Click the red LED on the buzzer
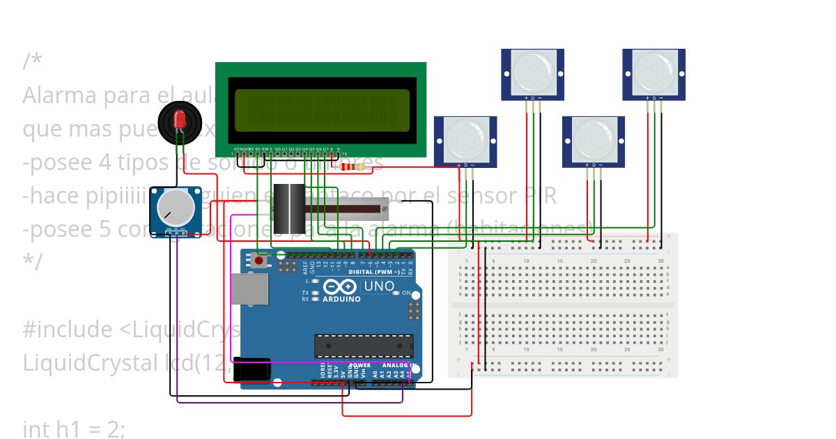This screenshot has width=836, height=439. (x=180, y=117)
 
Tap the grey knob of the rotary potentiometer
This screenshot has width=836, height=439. (x=176, y=207)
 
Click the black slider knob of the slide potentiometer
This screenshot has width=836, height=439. (x=288, y=208)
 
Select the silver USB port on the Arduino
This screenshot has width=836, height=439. (x=249, y=289)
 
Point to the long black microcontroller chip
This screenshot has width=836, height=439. (x=363, y=346)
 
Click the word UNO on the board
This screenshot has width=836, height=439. (x=379, y=286)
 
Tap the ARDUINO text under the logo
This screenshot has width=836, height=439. (x=341, y=299)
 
